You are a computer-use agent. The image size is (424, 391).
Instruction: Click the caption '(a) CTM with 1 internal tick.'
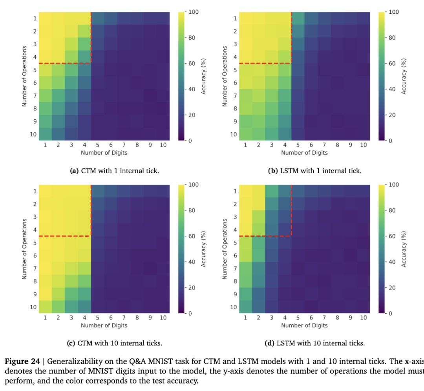[x=114, y=171]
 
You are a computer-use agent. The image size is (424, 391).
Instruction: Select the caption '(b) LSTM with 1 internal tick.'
[x=314, y=171]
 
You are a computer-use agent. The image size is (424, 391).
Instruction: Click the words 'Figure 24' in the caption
[x=20, y=362]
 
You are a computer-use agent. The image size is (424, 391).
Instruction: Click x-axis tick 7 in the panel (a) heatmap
[x=124, y=145]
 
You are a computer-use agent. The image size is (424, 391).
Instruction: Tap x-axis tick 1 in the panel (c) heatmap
[x=45, y=318]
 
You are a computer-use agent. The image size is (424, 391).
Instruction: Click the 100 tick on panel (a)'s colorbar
[x=194, y=12]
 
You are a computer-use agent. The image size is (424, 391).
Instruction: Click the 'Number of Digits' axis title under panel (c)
[x=104, y=325]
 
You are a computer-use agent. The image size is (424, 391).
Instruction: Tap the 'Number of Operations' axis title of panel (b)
[x=225, y=76]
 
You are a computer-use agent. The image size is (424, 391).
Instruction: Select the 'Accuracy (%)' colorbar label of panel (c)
[x=204, y=249]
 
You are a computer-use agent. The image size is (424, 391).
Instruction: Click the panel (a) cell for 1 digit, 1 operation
[x=45, y=18]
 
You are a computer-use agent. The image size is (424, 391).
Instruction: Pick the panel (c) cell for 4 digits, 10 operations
[x=84, y=307]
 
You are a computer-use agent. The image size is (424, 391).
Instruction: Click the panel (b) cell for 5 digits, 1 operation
[x=298, y=18]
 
